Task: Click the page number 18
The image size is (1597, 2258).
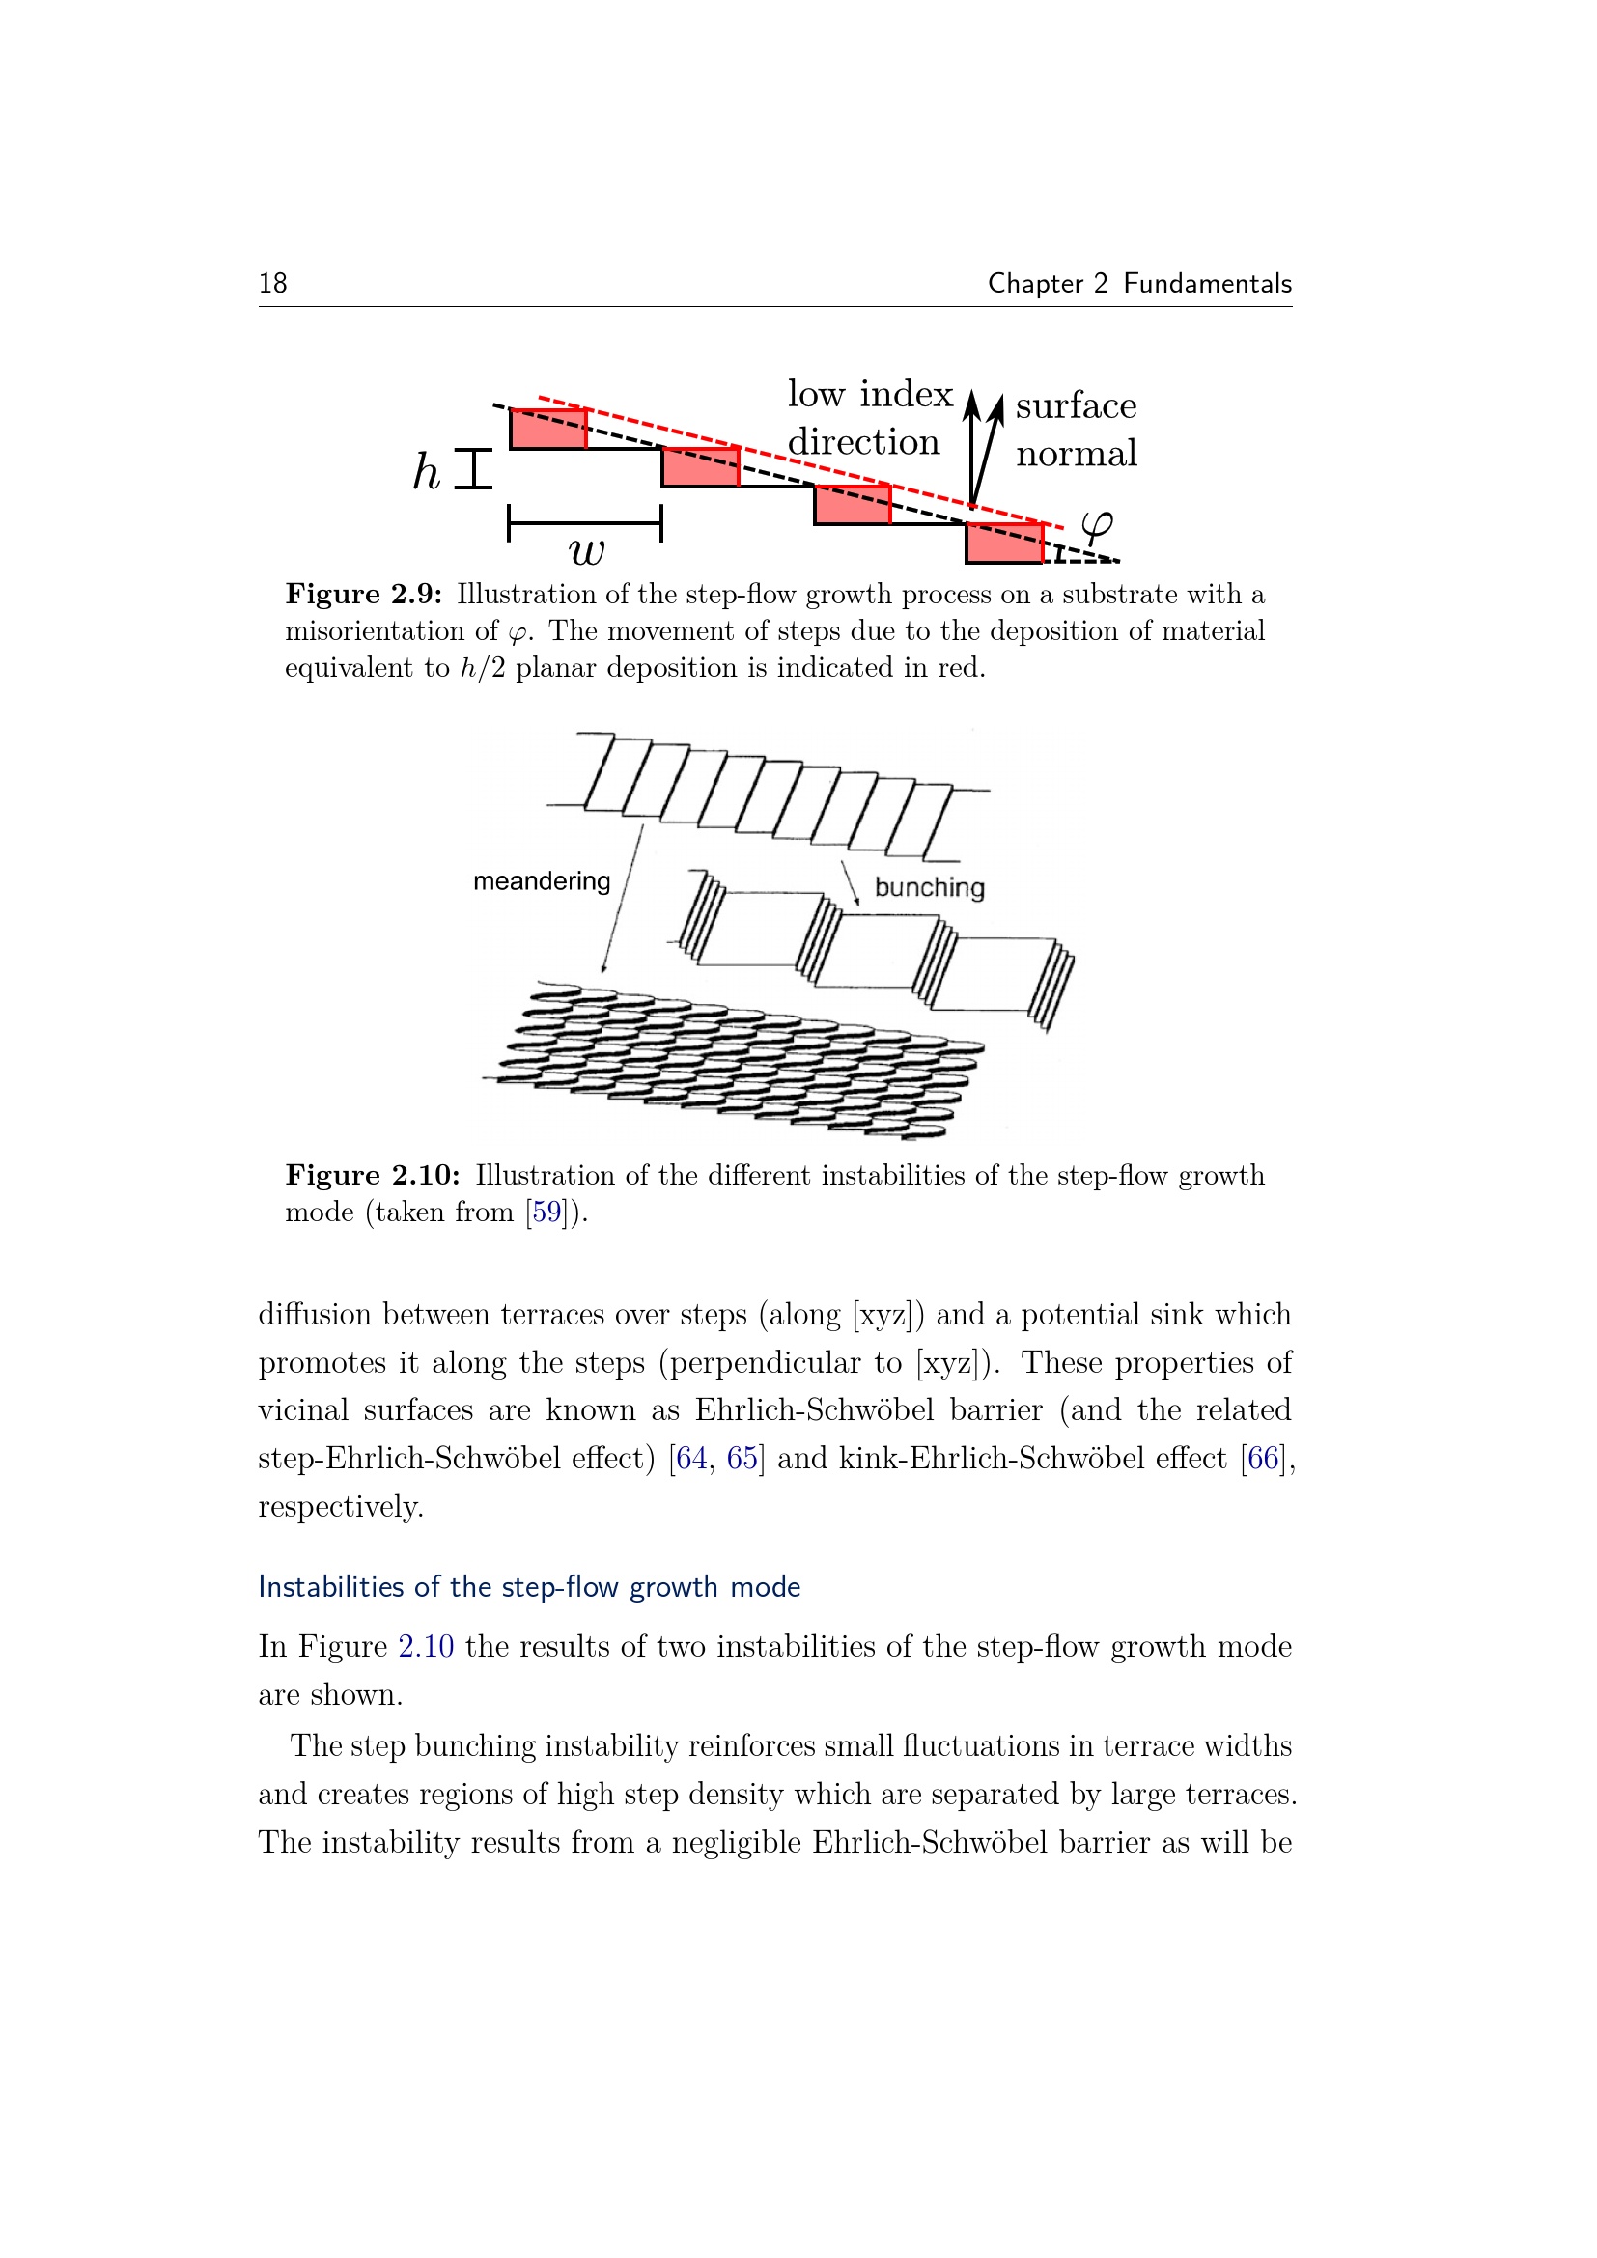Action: pyautogui.click(x=272, y=283)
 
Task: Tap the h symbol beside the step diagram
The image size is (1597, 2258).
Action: pyautogui.click(x=426, y=471)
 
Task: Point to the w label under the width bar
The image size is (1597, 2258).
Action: pyautogui.click(x=586, y=553)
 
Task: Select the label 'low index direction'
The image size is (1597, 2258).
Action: pyautogui.click(x=869, y=418)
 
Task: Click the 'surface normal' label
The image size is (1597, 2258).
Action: pyautogui.click(x=1076, y=430)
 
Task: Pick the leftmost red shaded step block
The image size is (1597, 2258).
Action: pyautogui.click(x=547, y=430)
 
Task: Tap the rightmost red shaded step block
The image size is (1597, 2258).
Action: pyautogui.click(x=1004, y=543)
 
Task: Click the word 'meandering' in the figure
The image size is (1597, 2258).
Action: pyautogui.click(x=541, y=881)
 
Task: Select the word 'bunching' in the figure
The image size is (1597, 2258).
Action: pyautogui.click(x=929, y=887)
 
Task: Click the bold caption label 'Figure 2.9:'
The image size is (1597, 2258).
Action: pyautogui.click(x=363, y=594)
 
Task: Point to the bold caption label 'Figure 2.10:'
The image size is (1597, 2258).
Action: pyautogui.click(x=372, y=1175)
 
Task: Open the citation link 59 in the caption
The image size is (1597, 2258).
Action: pyautogui.click(x=546, y=1212)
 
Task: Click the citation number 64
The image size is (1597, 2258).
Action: pyautogui.click(x=691, y=1458)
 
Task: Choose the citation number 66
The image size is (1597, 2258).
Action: pyautogui.click(x=1264, y=1458)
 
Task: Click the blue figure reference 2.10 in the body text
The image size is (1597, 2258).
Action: pyautogui.click(x=426, y=1646)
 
